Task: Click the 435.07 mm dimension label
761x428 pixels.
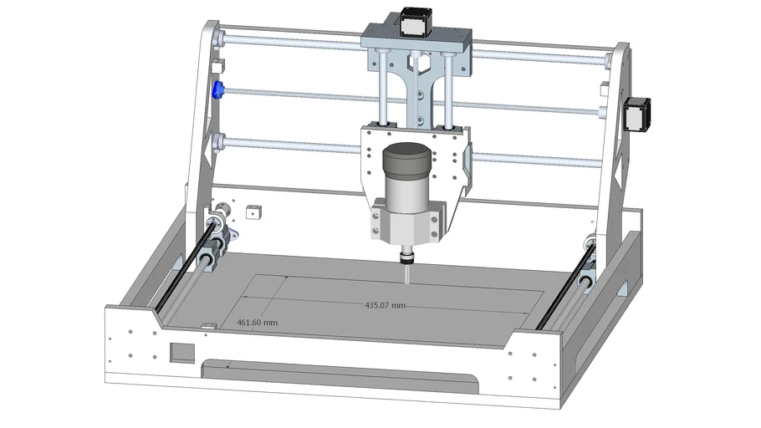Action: click(385, 306)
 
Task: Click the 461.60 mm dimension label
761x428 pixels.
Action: click(258, 322)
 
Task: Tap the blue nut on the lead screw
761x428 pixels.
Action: click(218, 89)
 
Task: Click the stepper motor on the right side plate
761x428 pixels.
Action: click(638, 114)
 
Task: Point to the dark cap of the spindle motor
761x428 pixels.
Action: click(406, 160)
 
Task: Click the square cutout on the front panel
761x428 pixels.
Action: click(181, 352)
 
